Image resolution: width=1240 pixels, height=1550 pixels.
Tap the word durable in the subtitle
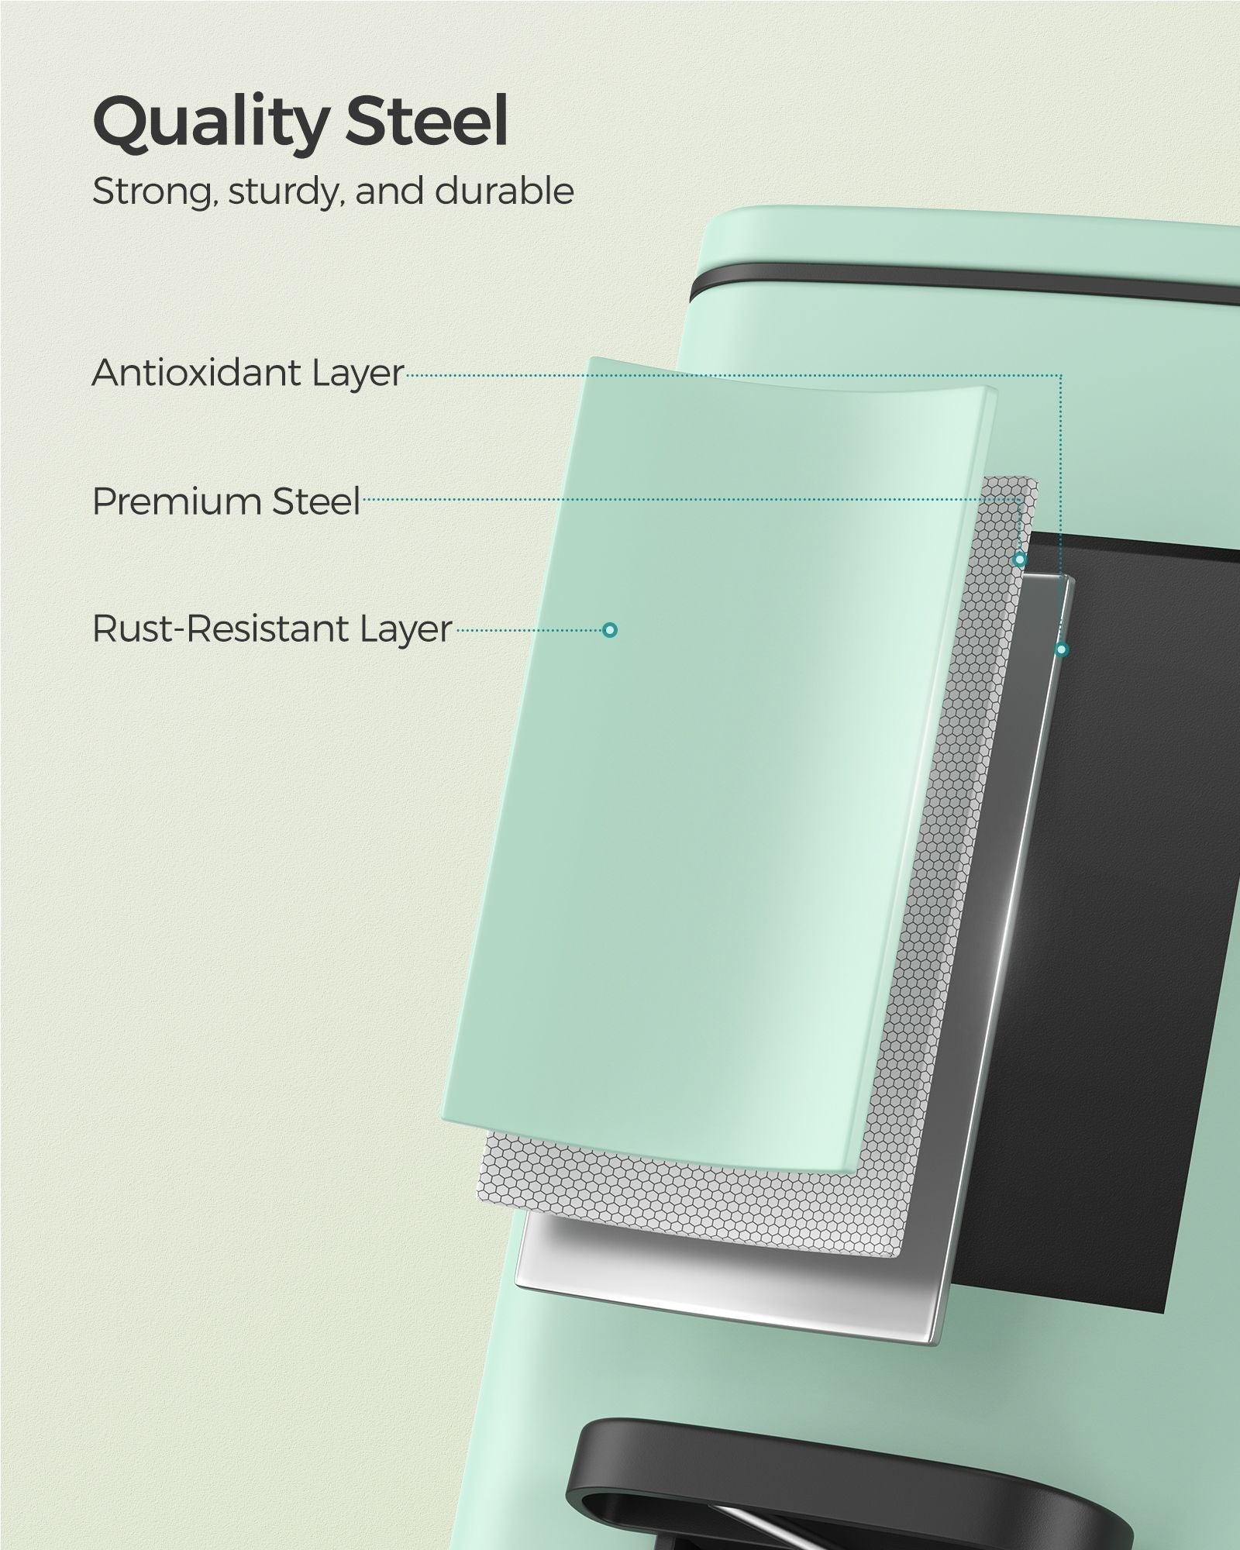[505, 191]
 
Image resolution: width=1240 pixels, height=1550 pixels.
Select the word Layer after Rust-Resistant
[405, 632]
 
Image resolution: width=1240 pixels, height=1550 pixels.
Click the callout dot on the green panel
[610, 630]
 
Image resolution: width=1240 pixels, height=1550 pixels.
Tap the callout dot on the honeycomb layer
[1020, 559]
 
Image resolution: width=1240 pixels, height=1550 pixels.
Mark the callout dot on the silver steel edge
[1062, 649]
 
